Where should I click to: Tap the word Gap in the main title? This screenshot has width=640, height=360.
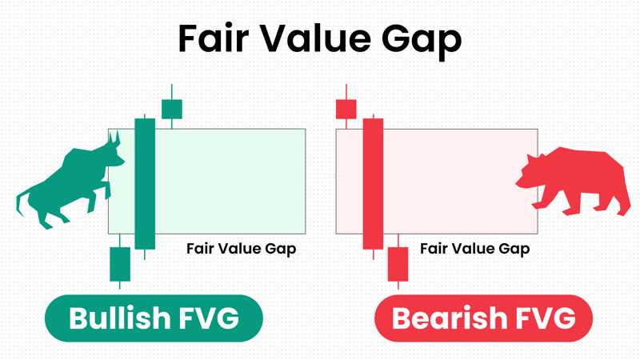click(x=422, y=41)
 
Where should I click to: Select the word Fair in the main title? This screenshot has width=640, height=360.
click(x=214, y=38)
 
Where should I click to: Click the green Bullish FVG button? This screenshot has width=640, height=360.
click(x=154, y=318)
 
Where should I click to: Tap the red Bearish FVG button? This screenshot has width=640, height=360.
click(x=483, y=318)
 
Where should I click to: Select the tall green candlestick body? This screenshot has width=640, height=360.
click(x=145, y=184)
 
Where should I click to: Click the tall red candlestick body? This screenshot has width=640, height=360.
click(x=373, y=184)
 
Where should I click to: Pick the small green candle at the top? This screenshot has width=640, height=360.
click(x=172, y=109)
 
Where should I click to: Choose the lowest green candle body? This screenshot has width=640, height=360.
click(x=120, y=264)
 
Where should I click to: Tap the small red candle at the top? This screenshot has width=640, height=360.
click(x=346, y=109)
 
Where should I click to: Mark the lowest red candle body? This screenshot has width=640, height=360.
click(x=398, y=264)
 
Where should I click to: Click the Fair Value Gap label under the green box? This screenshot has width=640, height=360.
click(x=242, y=249)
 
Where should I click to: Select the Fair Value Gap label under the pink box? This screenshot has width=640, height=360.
click(x=475, y=249)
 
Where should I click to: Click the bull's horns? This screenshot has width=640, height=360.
click(x=114, y=137)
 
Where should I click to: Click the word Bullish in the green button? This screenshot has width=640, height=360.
click(x=119, y=318)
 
